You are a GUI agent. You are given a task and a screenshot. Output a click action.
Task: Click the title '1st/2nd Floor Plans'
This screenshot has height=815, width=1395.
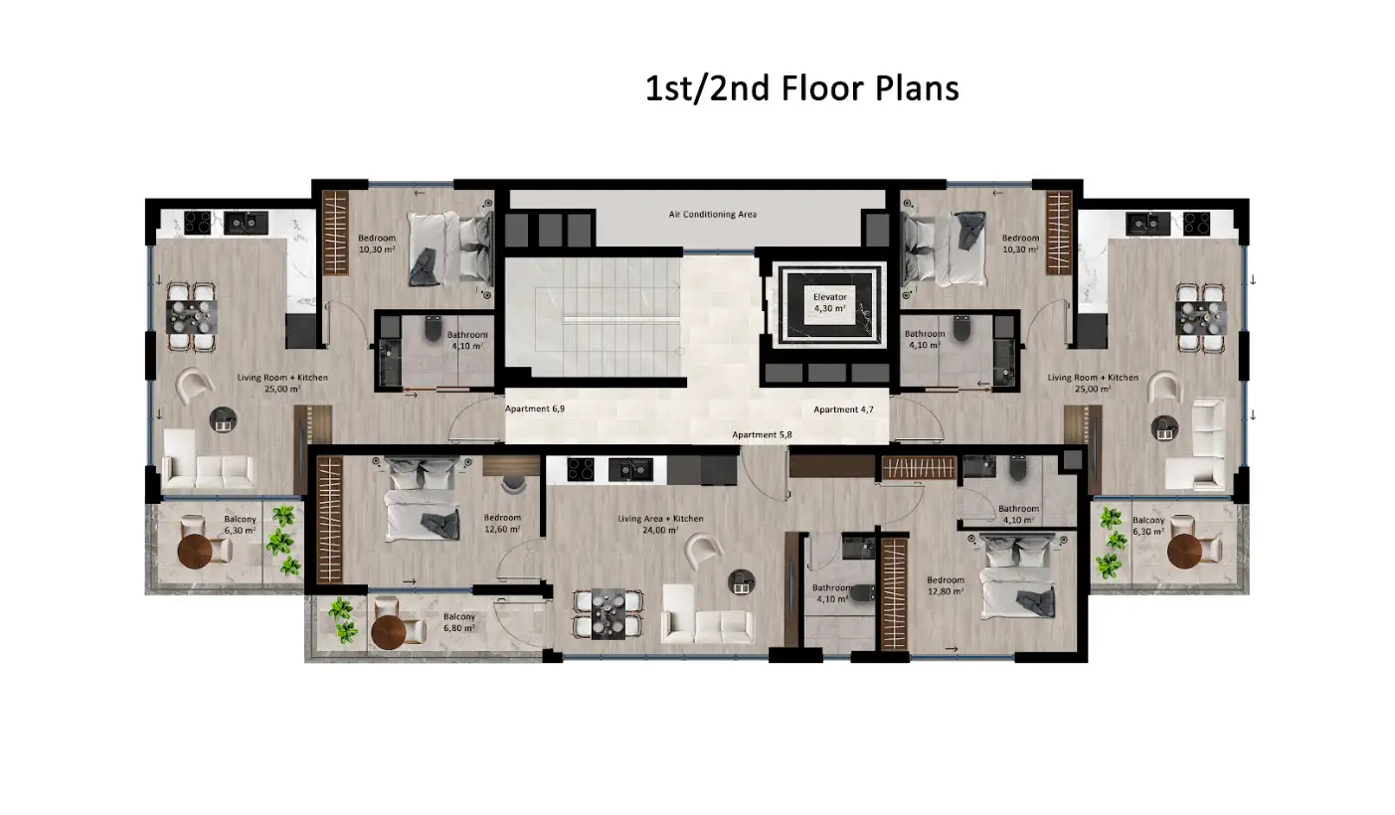[x=801, y=88]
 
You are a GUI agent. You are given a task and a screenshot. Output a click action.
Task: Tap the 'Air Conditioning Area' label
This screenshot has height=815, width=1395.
[x=713, y=214]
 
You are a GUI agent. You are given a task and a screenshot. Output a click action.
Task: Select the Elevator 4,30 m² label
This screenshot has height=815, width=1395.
[x=829, y=302]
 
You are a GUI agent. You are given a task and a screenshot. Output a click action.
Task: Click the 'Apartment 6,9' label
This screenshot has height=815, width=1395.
[x=534, y=409]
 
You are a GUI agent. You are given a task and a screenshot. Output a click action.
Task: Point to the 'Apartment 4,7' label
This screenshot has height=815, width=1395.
[x=843, y=409]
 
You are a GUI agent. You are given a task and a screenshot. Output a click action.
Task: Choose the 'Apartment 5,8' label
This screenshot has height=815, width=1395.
[x=762, y=434]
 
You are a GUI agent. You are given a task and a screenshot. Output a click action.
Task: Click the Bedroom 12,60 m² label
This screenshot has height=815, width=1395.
[x=502, y=523]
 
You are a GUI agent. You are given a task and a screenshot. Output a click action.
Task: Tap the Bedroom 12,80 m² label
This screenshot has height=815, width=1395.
[x=946, y=585]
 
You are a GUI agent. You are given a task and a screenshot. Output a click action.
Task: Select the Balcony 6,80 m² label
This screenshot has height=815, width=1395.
[x=459, y=622]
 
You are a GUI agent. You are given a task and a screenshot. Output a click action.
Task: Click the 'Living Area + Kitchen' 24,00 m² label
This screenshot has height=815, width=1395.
[x=660, y=524]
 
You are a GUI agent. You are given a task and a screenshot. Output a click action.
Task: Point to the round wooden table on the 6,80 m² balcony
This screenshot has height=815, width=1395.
[x=389, y=632]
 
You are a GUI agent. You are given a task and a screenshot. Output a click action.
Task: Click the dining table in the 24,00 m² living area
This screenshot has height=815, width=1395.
[x=608, y=614]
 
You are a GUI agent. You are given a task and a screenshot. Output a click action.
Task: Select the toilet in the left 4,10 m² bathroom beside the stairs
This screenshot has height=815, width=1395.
[x=434, y=328]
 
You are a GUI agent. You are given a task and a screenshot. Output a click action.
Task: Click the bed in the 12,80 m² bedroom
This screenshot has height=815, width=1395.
[x=1019, y=577]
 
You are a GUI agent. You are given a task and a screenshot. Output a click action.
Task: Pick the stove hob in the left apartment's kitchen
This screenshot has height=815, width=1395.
[x=198, y=223]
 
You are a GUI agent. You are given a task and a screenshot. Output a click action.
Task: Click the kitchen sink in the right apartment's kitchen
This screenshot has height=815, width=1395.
[x=1147, y=224]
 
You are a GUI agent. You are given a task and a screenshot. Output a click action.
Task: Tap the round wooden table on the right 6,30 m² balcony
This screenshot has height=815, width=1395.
[x=1184, y=551]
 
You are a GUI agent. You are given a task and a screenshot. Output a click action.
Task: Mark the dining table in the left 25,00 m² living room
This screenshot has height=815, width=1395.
[x=192, y=317]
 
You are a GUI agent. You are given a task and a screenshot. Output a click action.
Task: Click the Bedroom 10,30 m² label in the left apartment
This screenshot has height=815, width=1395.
[x=377, y=244]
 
